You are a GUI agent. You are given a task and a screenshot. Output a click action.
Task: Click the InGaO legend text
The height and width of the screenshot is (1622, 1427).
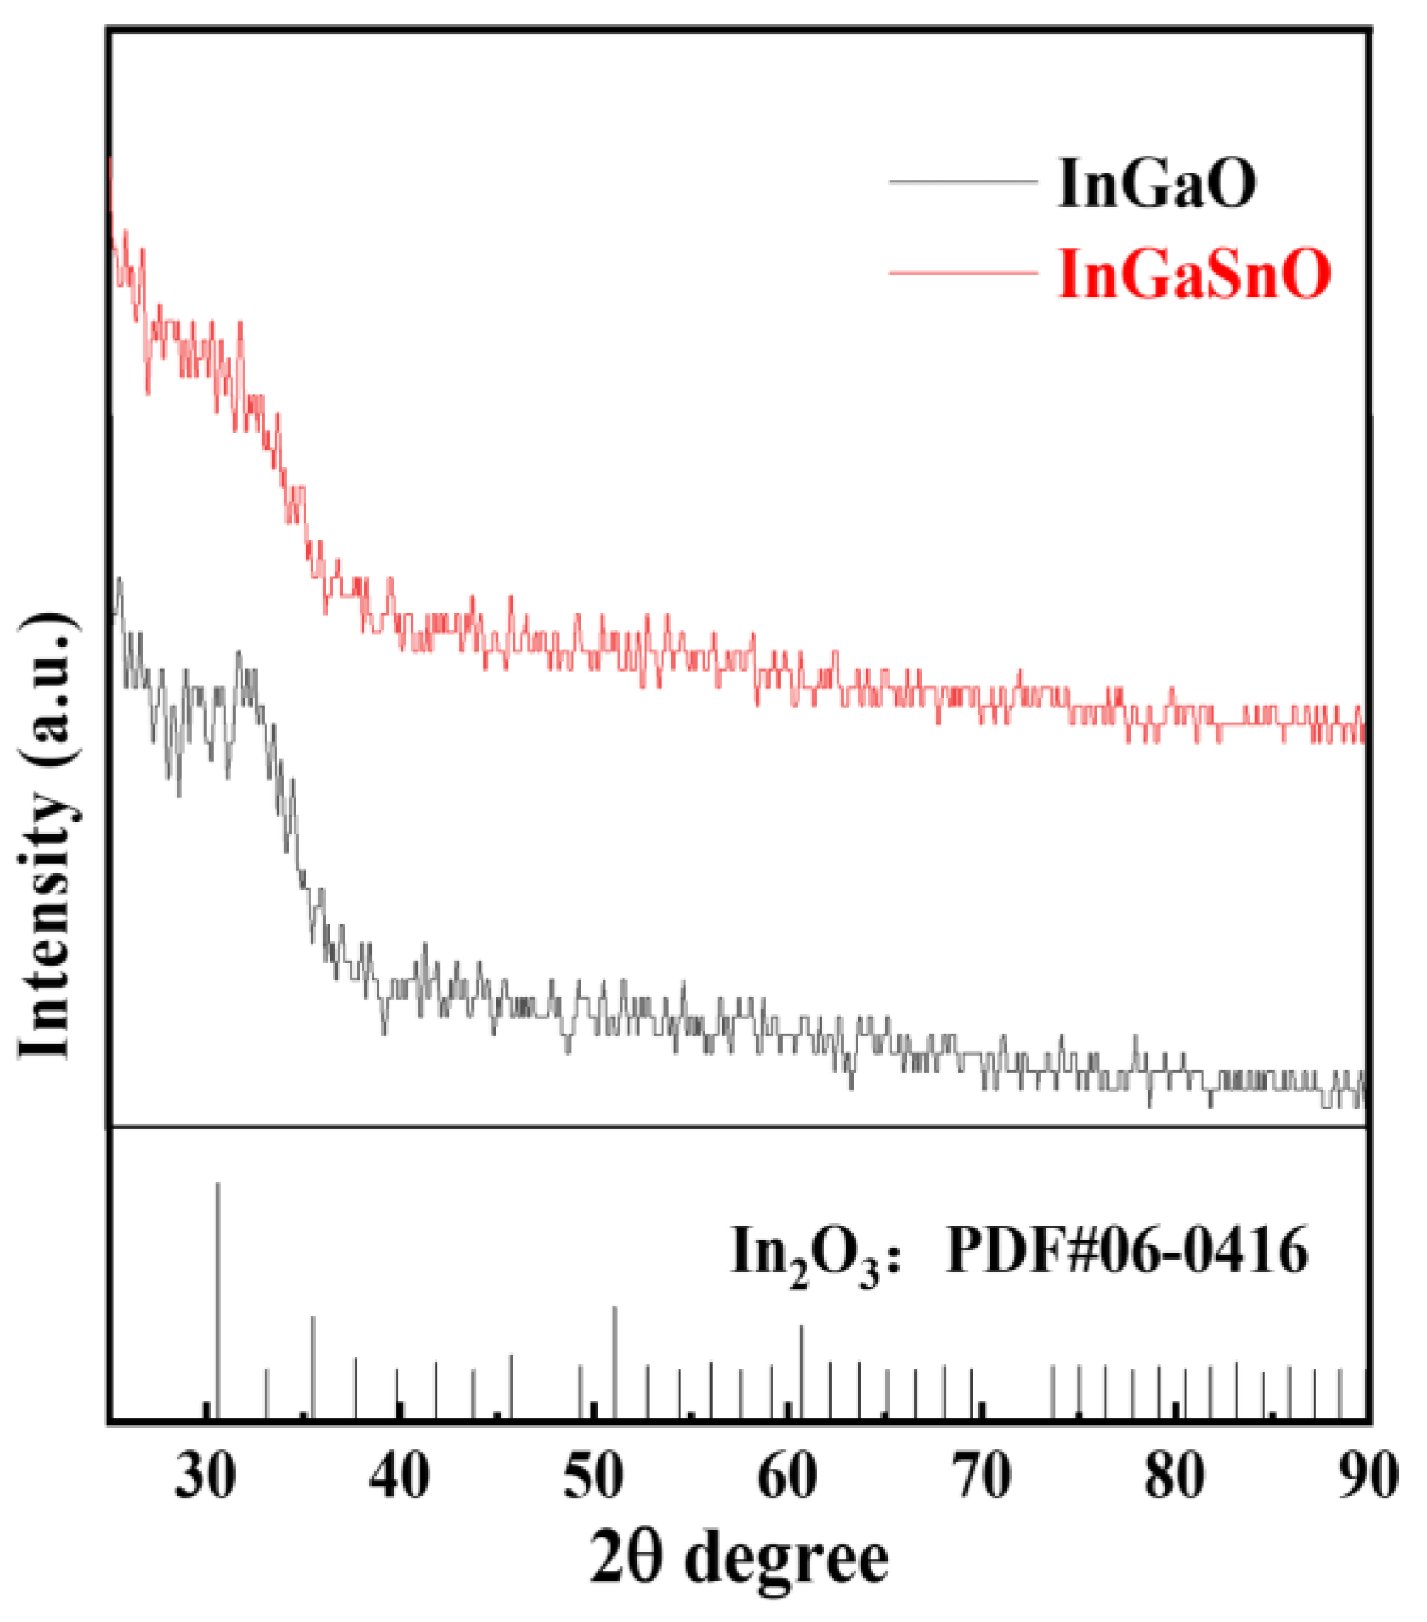(x=1157, y=184)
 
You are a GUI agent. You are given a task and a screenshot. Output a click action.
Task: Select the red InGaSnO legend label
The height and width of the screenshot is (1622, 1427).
(x=1195, y=274)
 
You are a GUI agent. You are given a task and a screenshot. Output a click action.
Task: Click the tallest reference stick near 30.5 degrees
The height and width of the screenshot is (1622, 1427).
(x=218, y=1296)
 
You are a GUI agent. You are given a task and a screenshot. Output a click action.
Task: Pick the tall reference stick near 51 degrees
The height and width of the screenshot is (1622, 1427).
(x=615, y=1361)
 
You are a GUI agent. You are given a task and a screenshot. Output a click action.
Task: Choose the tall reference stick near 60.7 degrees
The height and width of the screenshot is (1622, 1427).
(x=802, y=1371)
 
